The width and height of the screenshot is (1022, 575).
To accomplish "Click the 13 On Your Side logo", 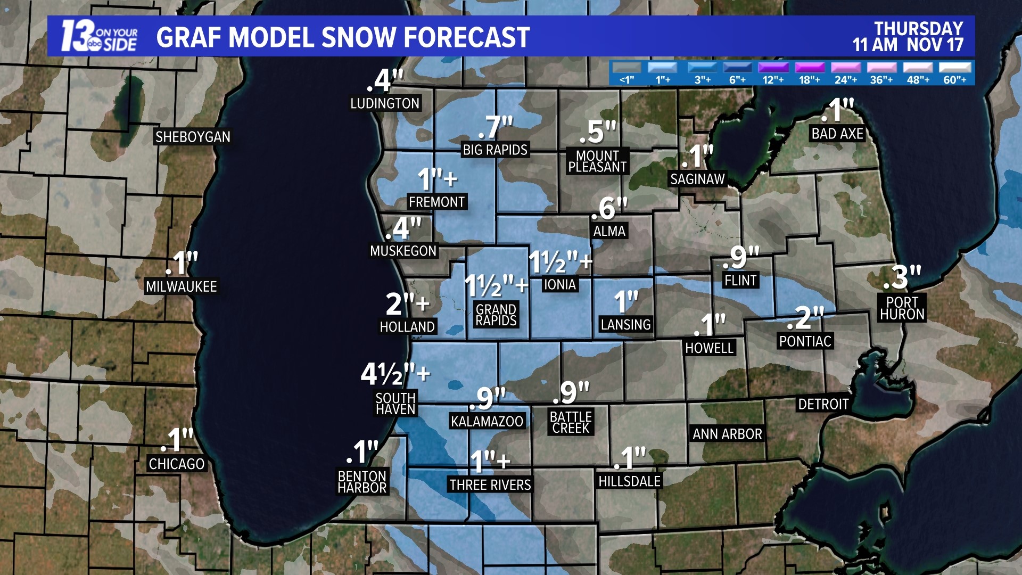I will [x=99, y=36].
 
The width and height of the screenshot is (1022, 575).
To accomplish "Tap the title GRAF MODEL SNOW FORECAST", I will [x=343, y=37].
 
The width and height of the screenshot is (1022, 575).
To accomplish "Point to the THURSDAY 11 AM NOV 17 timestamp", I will [x=908, y=36].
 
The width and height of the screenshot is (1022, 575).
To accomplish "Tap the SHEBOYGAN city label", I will [x=193, y=137].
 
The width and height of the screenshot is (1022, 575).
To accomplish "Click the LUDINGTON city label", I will [x=385, y=103].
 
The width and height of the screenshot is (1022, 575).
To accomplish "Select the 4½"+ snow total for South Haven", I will [x=395, y=374].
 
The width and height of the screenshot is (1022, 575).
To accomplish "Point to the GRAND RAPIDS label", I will [x=496, y=315].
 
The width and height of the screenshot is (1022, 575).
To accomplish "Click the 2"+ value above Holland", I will [x=407, y=304].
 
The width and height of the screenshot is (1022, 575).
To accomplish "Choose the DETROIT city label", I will [x=823, y=404].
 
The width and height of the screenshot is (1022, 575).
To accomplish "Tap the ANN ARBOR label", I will [x=727, y=434].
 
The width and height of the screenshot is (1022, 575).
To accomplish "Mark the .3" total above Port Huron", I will [x=902, y=277].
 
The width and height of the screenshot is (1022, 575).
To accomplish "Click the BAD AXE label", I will [x=837, y=134].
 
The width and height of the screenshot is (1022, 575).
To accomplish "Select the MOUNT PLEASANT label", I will [x=597, y=161].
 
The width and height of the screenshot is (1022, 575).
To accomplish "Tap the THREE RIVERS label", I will [x=490, y=484].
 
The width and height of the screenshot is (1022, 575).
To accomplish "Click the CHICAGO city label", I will [x=177, y=464].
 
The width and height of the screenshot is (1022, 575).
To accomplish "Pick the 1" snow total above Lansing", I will [x=625, y=302].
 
